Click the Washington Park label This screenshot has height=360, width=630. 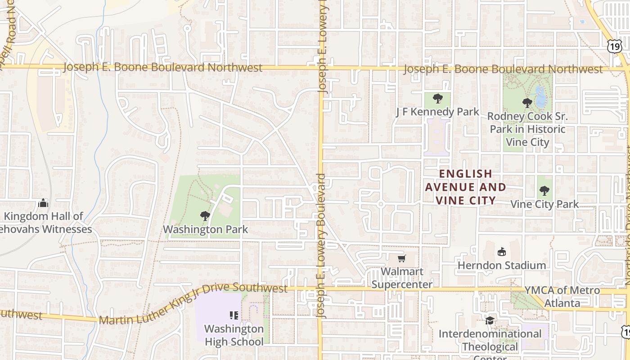point(205,229)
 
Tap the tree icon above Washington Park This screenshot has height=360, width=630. point(205,216)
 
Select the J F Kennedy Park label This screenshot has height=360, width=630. point(437,112)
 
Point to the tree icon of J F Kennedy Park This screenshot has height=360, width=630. point(437,98)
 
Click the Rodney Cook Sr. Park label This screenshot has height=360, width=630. point(527,129)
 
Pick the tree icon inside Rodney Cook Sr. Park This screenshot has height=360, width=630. point(527,103)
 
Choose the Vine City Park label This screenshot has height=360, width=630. point(544,204)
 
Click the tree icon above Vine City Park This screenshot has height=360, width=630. point(544,190)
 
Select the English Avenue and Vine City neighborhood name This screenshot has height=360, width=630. point(466,187)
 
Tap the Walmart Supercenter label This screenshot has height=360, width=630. point(402,278)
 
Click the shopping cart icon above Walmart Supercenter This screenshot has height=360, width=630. point(402,258)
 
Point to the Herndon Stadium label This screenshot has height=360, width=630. point(502,265)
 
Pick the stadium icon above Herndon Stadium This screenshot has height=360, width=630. point(502,252)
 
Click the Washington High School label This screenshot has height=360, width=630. point(234,335)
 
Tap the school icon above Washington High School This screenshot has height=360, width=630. point(234,315)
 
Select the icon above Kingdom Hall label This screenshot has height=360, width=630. point(43,203)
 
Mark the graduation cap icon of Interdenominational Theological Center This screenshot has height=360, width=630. point(490,320)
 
